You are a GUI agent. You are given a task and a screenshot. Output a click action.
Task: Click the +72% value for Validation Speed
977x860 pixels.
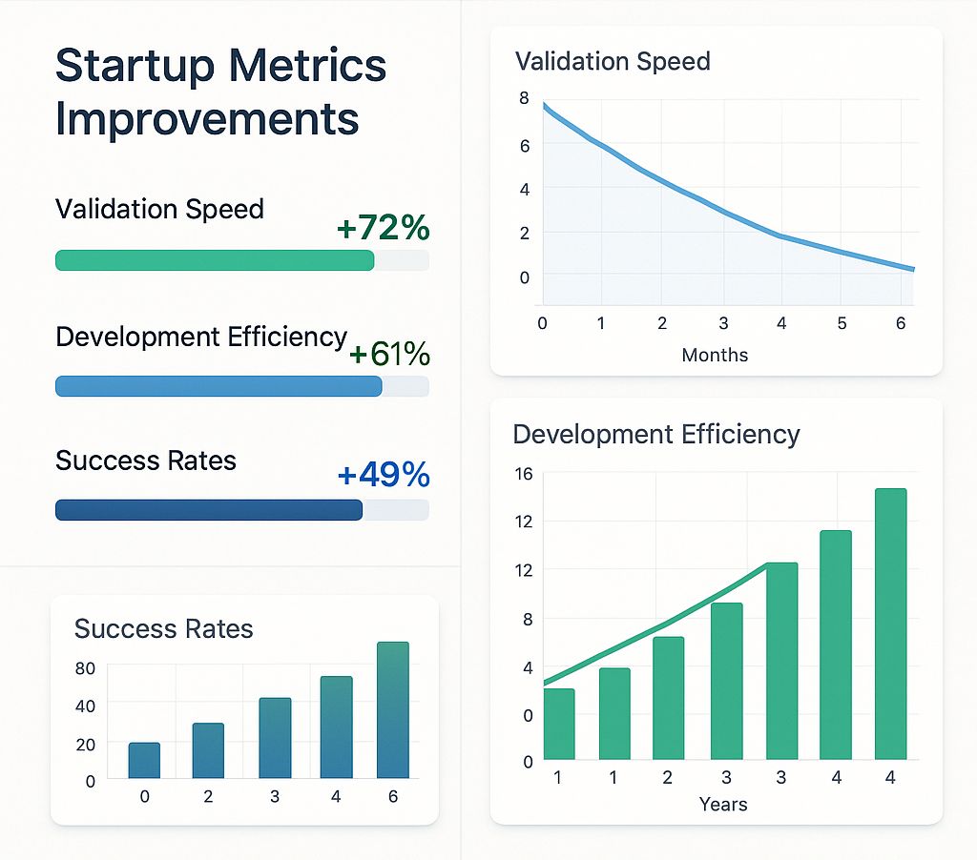pos(384,229)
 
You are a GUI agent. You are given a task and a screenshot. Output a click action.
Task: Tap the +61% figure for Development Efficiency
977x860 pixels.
pos(389,355)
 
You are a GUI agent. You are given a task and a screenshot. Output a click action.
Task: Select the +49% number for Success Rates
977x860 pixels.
pos(384,475)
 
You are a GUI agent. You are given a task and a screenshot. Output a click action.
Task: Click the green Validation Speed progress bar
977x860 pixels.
pos(215,260)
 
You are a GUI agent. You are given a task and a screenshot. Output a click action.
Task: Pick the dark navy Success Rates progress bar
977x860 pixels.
pos(209,510)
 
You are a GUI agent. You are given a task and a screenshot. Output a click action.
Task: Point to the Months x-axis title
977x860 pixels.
pos(715,355)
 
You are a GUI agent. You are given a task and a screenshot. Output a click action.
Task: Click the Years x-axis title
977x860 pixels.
pos(722,804)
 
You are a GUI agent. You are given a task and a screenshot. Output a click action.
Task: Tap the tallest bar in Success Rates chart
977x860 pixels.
pos(392,709)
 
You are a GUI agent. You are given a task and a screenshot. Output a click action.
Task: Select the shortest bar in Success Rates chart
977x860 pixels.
pos(144,760)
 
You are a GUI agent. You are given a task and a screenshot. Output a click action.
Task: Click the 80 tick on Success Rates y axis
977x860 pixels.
pos(85,668)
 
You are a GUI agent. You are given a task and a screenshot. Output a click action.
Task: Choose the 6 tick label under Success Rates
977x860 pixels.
pos(392,796)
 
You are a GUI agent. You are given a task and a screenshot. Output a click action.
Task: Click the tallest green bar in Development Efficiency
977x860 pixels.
pos(890,625)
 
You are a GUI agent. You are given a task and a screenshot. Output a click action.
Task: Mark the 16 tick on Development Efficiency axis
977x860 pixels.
pos(523,474)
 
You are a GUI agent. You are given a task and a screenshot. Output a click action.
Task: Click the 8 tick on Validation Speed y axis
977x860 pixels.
pos(524,97)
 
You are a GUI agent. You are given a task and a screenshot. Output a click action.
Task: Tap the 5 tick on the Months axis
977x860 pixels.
pos(842,323)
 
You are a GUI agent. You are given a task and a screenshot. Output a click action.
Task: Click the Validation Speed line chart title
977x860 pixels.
pos(613,62)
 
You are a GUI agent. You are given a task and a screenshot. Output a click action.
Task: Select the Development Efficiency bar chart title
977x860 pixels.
pos(656,435)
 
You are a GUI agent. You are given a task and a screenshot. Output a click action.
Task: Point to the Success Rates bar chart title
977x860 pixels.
pos(163,629)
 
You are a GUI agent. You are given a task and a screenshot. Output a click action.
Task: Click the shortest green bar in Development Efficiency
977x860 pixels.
pos(558,724)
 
